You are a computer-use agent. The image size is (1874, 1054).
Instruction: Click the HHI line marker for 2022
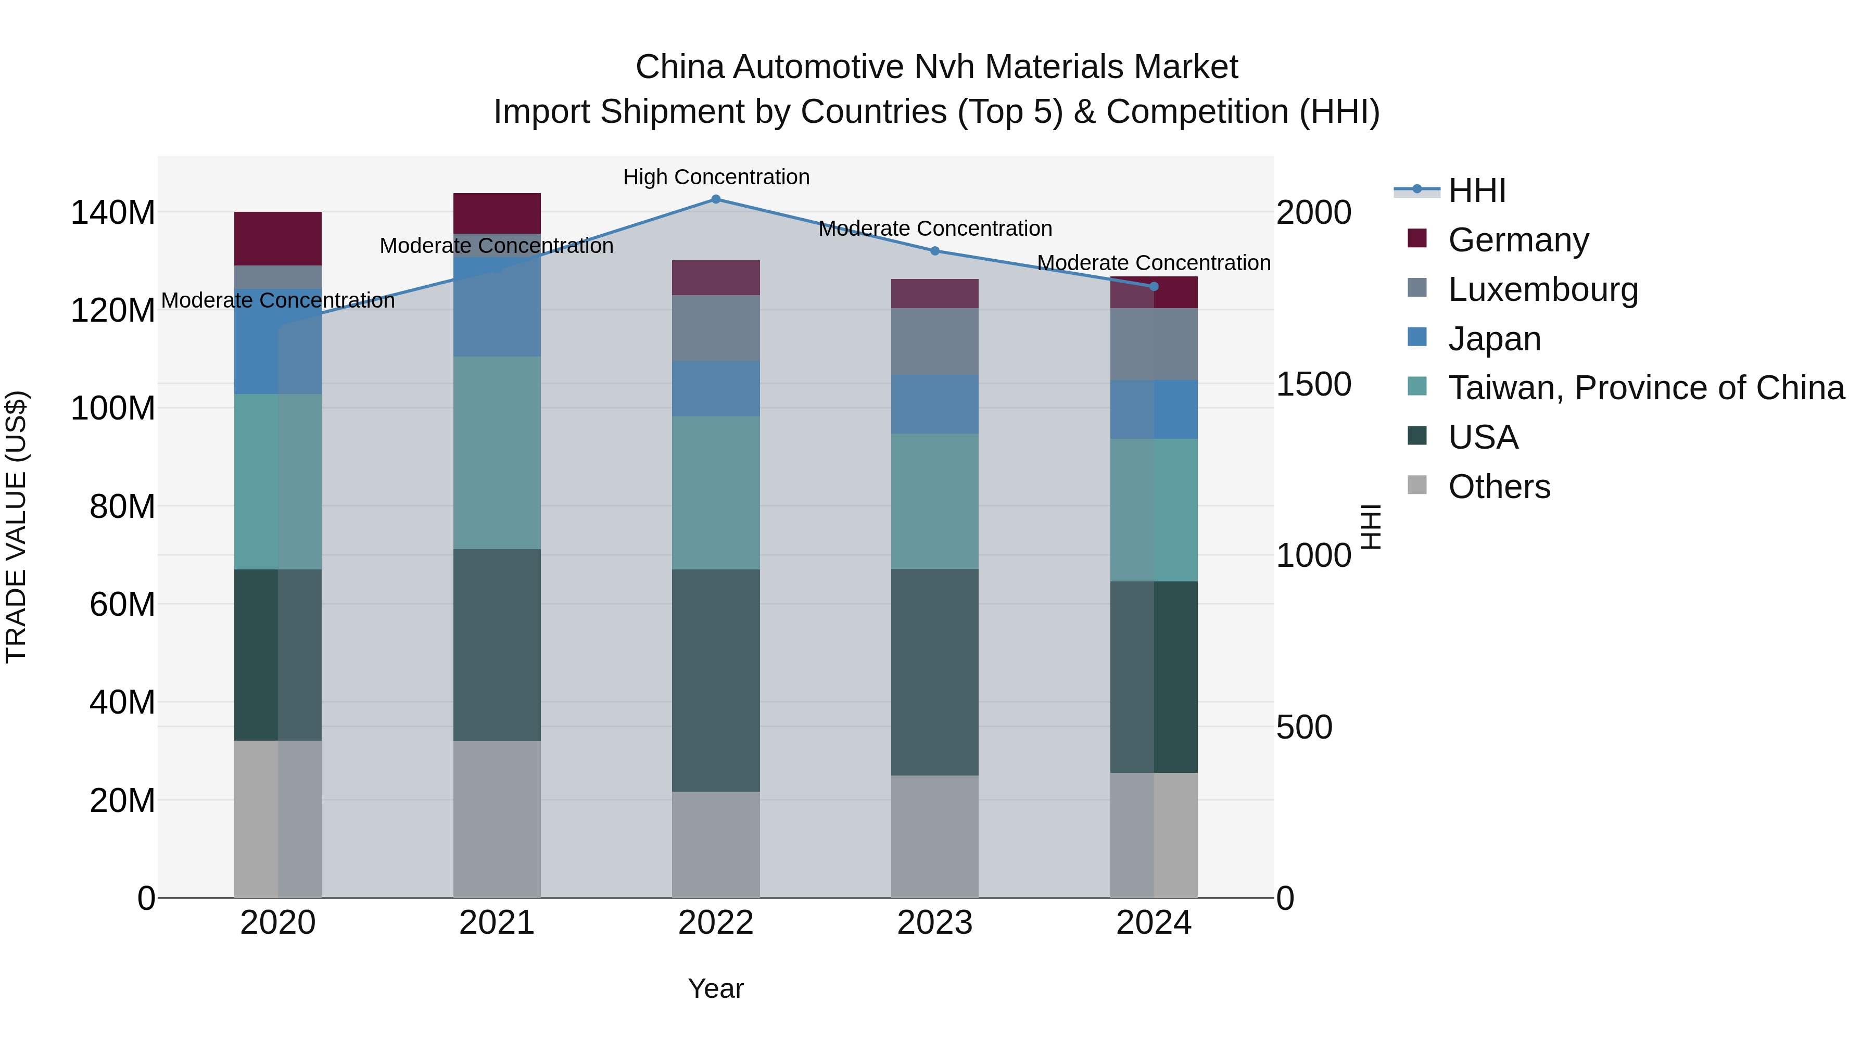(x=716, y=199)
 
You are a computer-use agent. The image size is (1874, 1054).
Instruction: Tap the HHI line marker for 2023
(x=935, y=251)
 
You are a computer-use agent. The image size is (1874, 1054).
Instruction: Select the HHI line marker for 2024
(x=1154, y=287)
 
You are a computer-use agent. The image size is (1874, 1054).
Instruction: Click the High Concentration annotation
(x=716, y=177)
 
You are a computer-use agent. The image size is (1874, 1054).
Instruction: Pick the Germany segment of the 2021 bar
(x=497, y=213)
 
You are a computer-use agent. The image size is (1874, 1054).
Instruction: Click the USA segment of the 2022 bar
(x=716, y=680)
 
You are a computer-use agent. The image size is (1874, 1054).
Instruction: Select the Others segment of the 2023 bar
(x=935, y=836)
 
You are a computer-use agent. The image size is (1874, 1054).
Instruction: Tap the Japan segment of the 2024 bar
(x=1154, y=410)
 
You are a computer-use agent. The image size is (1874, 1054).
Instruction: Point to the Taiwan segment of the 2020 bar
(x=278, y=481)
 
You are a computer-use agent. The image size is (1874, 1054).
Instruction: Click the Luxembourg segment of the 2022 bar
(x=716, y=328)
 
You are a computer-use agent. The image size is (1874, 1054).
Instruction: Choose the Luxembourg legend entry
(x=1542, y=289)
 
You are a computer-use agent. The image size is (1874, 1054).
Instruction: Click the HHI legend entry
(x=1477, y=191)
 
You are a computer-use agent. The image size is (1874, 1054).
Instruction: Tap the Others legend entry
(x=1499, y=487)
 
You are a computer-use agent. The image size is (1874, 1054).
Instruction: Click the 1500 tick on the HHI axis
(x=1314, y=384)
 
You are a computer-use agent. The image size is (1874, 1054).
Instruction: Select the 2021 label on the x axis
(x=497, y=923)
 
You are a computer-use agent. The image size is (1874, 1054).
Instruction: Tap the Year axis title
(x=716, y=988)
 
